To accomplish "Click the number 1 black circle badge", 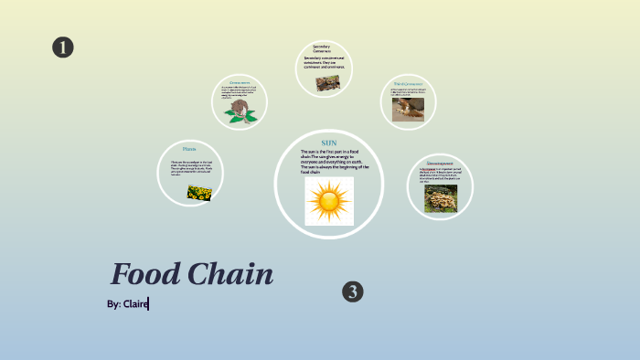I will point(62,48).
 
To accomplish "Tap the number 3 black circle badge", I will point(353,291).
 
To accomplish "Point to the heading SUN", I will point(328,143).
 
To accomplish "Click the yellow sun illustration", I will point(329,201).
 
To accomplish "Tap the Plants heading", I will point(189,149).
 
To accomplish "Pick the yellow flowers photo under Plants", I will point(199,192).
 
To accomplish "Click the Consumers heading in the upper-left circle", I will point(240,82).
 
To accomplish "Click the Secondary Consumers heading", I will point(322,48).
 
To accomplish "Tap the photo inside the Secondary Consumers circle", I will point(326,82).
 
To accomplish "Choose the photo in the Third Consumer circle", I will point(408,109).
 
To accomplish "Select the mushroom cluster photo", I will point(440,198).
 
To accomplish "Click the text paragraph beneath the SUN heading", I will point(334,161).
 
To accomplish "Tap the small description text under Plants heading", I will point(190,167).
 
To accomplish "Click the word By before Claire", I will point(113,303).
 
